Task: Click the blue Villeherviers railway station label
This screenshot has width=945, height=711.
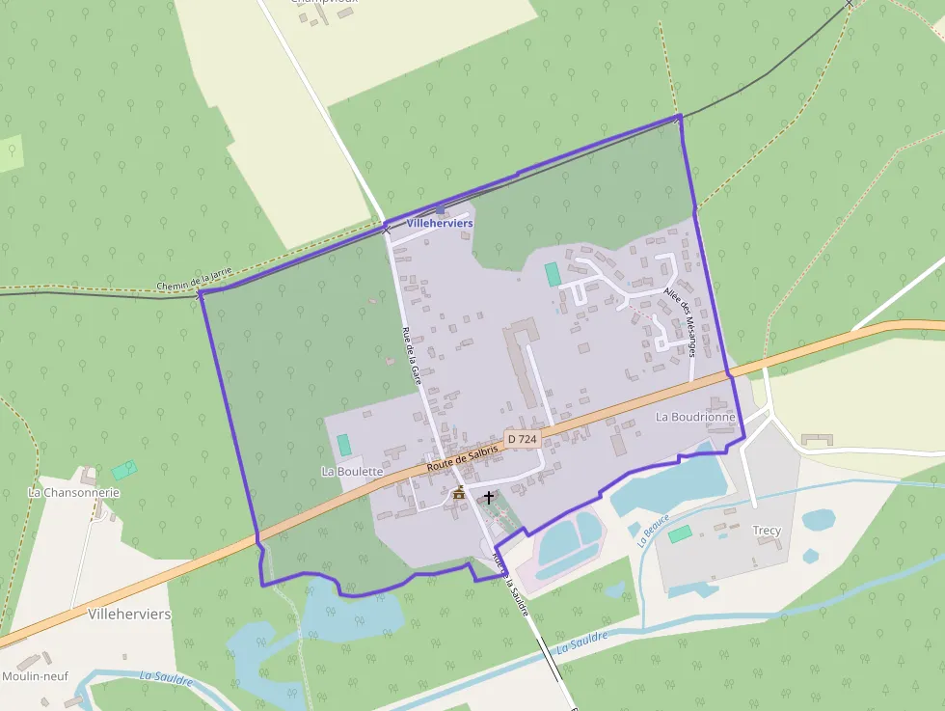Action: [440, 223]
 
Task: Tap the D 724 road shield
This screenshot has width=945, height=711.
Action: [522, 439]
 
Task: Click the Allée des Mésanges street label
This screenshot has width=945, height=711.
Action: [680, 321]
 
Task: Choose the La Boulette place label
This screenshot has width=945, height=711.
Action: [352, 472]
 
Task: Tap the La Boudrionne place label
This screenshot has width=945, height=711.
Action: [695, 417]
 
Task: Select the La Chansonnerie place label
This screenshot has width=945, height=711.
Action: [74, 492]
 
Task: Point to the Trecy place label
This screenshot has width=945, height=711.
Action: [767, 531]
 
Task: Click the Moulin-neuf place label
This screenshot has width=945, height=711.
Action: [35, 675]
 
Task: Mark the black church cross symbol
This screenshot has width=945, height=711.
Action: [489, 498]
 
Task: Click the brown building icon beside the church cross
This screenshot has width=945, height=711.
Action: [459, 495]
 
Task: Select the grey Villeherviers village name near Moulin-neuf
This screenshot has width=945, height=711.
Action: [129, 614]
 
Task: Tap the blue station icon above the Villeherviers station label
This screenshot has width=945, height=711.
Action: [440, 209]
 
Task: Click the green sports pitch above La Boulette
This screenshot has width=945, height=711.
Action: [343, 446]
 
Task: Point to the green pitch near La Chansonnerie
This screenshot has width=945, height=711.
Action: [124, 470]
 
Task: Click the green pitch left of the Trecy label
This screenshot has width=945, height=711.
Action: [680, 534]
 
